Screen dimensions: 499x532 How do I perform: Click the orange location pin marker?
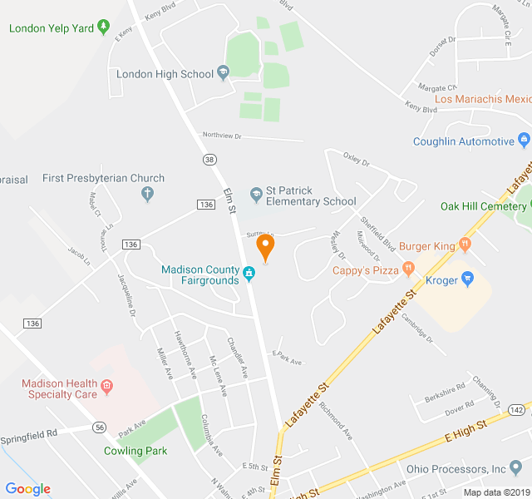click(265, 246)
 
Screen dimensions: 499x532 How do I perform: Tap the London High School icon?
click(223, 73)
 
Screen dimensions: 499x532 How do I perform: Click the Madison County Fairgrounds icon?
click(248, 273)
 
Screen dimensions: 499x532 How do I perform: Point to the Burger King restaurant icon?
click(465, 245)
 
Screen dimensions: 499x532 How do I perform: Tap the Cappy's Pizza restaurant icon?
click(408, 269)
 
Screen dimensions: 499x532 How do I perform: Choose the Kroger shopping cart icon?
click(466, 280)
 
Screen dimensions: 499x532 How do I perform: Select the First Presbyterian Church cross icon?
click(148, 195)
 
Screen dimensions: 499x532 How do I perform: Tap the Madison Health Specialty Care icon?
click(106, 385)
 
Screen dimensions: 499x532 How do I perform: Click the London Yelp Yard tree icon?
click(103, 27)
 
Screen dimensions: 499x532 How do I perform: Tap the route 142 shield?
click(516, 409)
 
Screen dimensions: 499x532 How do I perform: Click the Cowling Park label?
click(135, 451)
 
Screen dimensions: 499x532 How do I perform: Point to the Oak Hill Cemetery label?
click(483, 206)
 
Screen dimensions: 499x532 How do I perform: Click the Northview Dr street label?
click(221, 135)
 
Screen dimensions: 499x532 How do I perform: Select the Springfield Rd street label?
click(28, 433)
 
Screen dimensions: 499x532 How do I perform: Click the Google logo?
click(28, 489)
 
